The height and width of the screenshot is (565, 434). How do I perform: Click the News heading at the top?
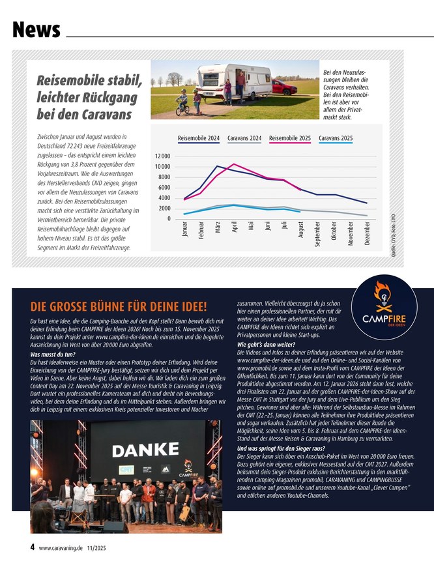[36, 29]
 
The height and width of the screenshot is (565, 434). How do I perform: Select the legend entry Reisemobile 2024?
[198, 138]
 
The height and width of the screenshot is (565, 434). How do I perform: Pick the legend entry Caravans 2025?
[336, 138]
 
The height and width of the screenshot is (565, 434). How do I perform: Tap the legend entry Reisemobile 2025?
[290, 138]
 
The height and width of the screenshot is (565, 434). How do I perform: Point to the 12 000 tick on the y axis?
[162, 157]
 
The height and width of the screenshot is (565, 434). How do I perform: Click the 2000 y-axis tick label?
[164, 209]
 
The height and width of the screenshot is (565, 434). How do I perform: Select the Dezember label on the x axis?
[367, 234]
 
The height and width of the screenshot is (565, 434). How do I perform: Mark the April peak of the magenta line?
[234, 164]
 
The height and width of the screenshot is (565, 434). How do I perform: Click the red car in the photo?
[285, 87]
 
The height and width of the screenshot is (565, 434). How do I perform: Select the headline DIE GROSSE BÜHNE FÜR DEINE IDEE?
[119, 307]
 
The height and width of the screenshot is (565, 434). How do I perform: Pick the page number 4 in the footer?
[33, 547]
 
